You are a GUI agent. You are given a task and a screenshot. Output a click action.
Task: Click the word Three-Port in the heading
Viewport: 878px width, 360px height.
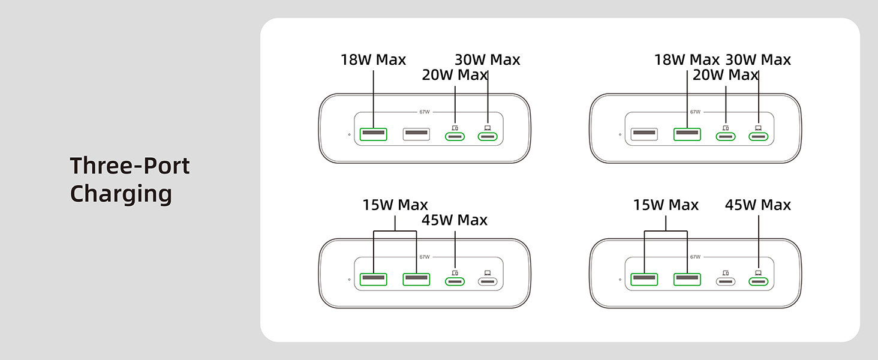click(130, 166)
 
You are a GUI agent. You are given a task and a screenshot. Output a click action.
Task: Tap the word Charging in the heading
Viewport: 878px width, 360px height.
click(121, 194)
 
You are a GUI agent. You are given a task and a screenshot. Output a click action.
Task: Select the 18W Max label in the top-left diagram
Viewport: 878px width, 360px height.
click(373, 60)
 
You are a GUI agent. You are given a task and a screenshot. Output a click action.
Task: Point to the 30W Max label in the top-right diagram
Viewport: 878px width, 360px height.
click(758, 60)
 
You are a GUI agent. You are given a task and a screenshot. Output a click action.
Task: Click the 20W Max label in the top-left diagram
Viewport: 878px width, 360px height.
click(455, 76)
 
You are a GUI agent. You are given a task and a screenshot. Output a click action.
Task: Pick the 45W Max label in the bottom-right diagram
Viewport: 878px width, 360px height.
click(758, 205)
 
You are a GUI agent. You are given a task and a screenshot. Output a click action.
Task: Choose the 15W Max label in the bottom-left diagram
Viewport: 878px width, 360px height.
click(395, 205)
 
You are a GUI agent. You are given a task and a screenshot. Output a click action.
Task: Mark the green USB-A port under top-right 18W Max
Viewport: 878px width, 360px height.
click(687, 134)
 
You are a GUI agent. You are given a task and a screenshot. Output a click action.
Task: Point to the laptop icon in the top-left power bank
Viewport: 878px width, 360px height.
click(487, 127)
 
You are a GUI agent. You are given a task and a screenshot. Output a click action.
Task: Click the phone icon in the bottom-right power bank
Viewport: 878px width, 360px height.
click(726, 272)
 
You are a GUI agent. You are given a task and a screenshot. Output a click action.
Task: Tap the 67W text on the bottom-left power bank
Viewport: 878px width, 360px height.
click(425, 257)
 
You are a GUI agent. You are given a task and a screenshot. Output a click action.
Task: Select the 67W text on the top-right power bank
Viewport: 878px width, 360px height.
click(695, 112)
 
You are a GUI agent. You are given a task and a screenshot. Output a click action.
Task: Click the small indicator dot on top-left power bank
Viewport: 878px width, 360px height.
click(349, 134)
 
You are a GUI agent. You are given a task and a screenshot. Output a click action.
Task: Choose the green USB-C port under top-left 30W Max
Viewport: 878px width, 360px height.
click(487, 137)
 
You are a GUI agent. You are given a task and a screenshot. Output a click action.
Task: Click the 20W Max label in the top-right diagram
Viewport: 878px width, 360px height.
click(725, 76)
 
